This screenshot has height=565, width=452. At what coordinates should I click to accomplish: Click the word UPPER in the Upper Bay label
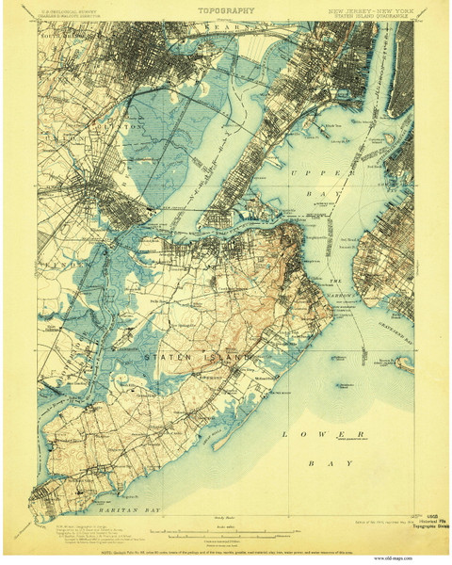pos(310,175)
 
